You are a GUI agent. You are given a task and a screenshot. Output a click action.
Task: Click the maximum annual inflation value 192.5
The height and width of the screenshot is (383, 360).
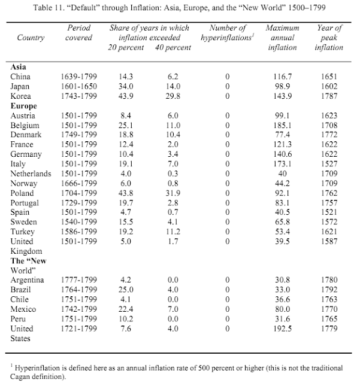pyautogui.click(x=274, y=329)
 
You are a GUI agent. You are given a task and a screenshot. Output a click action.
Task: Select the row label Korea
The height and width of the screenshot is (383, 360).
pyautogui.click(x=22, y=96)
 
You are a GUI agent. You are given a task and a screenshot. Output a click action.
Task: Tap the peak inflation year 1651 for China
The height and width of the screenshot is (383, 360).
pyautogui.click(x=329, y=77)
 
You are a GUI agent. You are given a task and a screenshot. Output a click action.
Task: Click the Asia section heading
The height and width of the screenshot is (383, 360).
pyautogui.click(x=19, y=67)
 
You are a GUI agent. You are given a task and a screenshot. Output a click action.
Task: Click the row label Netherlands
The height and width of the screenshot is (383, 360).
pyautogui.click(x=34, y=174)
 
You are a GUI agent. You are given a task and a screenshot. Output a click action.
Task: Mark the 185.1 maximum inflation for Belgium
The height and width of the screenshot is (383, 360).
pyautogui.click(x=274, y=125)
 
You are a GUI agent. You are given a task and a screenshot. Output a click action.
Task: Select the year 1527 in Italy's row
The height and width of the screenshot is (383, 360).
pyautogui.click(x=329, y=164)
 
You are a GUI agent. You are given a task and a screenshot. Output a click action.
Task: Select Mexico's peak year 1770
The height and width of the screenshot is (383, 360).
pyautogui.click(x=329, y=309)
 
